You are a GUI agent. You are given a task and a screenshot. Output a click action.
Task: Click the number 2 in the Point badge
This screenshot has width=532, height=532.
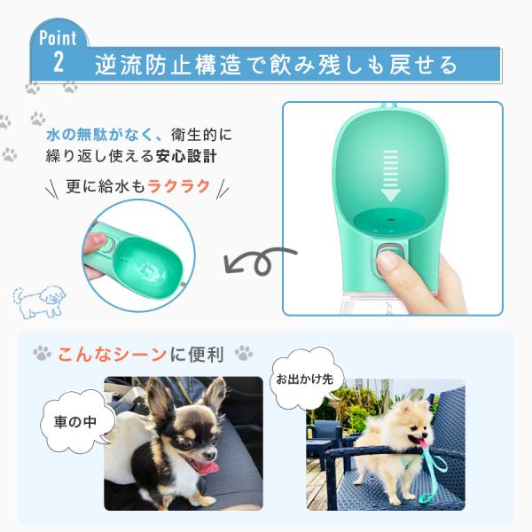click(59, 62)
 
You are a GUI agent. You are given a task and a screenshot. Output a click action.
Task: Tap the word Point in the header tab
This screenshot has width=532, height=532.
click(58, 38)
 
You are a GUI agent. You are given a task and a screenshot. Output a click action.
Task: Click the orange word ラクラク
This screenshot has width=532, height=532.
click(179, 186)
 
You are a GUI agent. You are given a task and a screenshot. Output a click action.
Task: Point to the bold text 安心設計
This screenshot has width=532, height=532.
click(186, 156)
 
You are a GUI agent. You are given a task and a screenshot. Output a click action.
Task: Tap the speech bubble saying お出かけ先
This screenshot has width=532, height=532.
click(305, 379)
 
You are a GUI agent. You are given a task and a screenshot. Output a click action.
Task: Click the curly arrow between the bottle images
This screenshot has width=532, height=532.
click(260, 262)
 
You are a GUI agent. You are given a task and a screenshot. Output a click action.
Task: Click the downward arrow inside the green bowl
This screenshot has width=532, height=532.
click(390, 176)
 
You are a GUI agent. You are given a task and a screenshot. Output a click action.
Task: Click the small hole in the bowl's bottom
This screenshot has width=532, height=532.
click(391, 220)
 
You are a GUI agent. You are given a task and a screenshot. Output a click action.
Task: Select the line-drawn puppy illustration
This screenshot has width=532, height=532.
click(38, 302)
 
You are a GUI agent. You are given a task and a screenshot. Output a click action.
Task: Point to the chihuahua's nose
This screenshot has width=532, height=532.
click(213, 452)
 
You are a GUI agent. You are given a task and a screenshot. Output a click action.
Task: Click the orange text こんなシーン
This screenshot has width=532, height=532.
click(112, 355)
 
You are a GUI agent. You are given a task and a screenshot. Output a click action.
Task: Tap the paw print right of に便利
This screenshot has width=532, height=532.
click(244, 353)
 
